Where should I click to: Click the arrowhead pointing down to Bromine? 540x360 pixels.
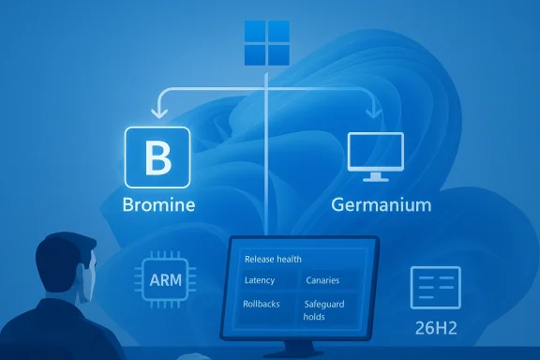pos(157,112)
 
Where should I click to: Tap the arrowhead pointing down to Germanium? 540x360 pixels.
pos(375,112)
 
